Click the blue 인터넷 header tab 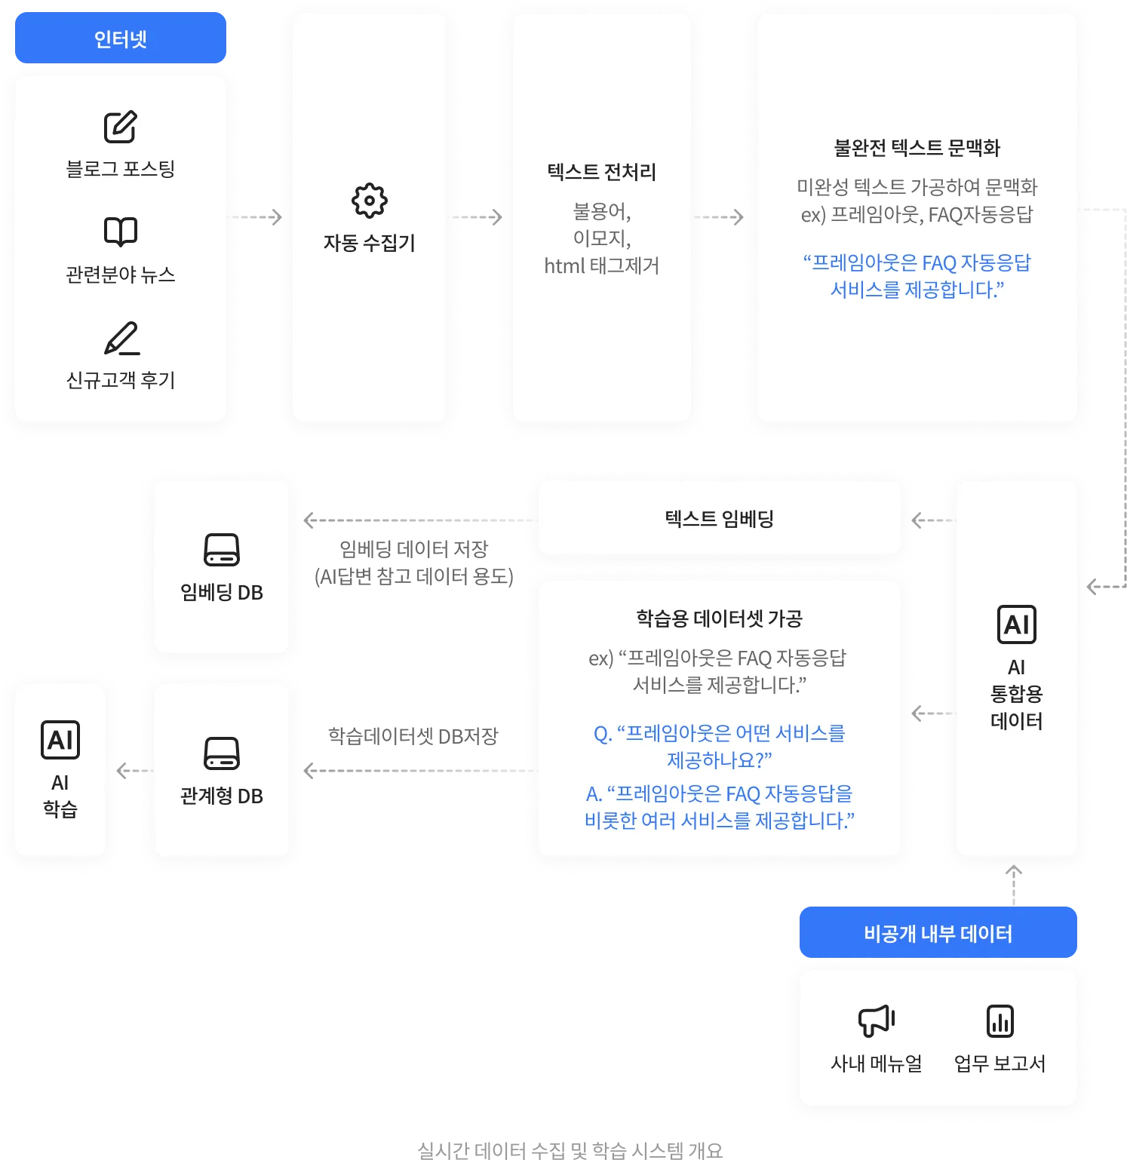pos(121,38)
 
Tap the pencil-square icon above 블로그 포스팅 pos(121,127)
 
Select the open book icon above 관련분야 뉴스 pos(121,232)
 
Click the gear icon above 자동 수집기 pos(370,201)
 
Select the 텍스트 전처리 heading pos(601,172)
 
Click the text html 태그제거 pos(601,265)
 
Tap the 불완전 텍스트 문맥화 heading pos(917,148)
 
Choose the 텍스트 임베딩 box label pos(719,519)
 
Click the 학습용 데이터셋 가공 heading pos(719,618)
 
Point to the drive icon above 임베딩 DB pos(222,550)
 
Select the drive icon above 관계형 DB pos(222,753)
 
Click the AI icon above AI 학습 pos(60,740)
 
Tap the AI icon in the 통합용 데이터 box pos(1016,624)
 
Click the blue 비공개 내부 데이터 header pos(938,934)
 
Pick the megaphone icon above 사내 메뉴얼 pos(877,1020)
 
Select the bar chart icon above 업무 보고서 pos(1000,1021)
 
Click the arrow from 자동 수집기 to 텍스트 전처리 pos(481,217)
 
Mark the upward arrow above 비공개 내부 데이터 pos(1014,885)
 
